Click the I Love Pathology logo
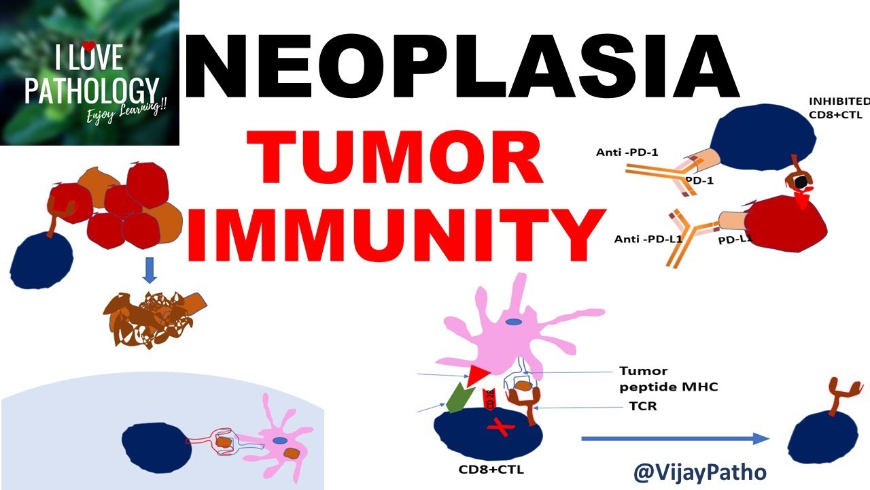[x=90, y=72]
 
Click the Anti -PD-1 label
[x=627, y=152]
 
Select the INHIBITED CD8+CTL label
[x=838, y=108]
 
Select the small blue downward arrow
[x=150, y=269]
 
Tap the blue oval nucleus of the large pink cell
[x=514, y=323]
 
